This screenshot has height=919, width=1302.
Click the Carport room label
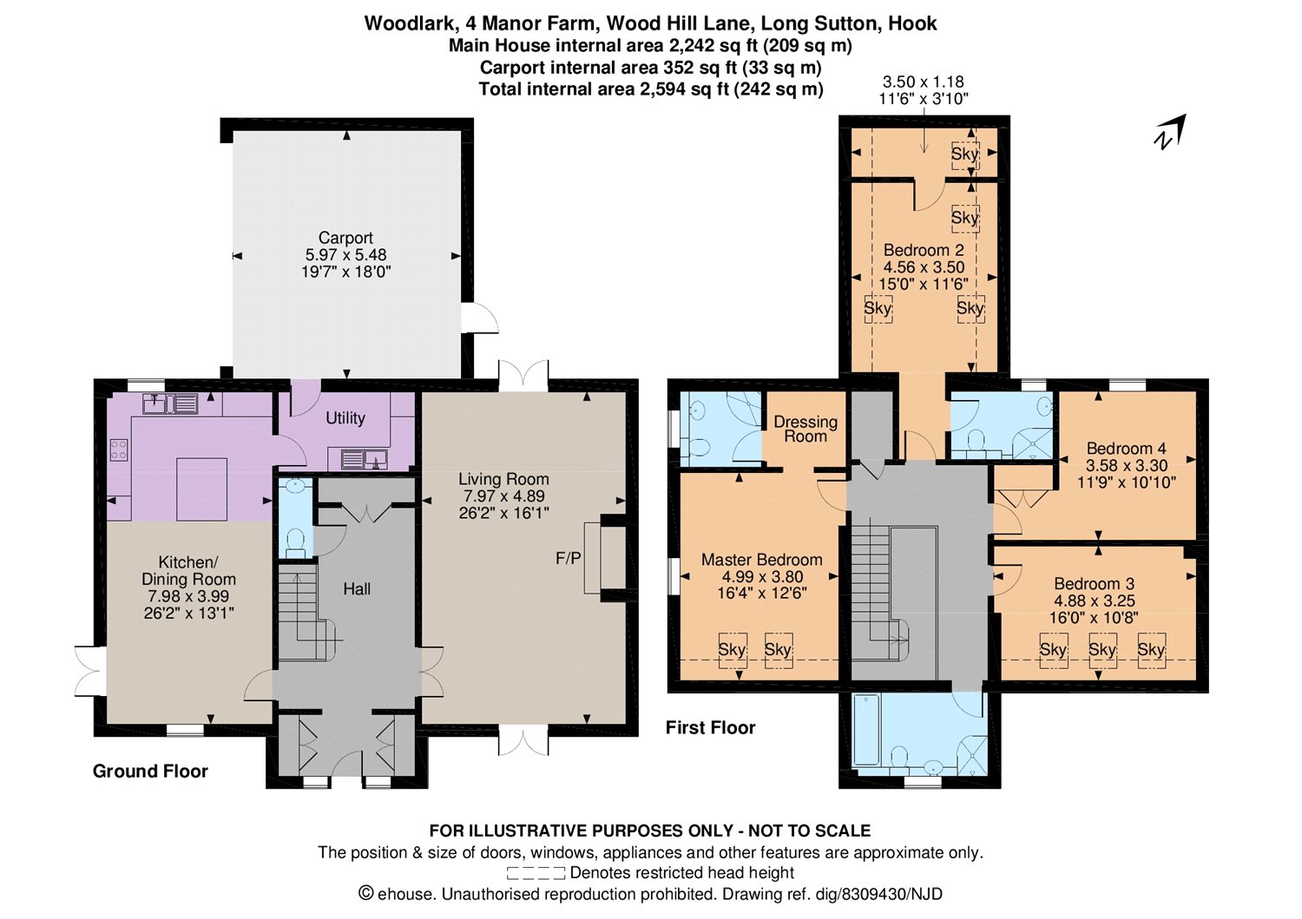(345, 238)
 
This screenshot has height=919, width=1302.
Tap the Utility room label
(345, 418)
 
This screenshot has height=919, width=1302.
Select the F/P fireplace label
(568, 559)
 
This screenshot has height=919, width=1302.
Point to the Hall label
(356, 589)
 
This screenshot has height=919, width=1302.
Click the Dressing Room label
(806, 429)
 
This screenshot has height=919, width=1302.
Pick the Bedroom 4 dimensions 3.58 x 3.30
(1127, 466)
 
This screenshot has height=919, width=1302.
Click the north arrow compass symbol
(1169, 132)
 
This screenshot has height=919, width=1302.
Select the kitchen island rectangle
(201, 489)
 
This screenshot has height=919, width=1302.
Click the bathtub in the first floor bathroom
(866, 730)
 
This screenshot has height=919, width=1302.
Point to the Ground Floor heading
(150, 771)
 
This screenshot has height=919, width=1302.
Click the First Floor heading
(710, 728)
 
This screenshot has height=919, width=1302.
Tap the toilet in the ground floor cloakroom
(296, 541)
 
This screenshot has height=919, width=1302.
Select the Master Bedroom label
(762, 560)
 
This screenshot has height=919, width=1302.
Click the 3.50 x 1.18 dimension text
(924, 82)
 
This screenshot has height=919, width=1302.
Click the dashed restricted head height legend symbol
(536, 873)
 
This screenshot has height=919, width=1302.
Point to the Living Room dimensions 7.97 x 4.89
(503, 496)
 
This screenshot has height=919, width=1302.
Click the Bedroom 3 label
(1094, 584)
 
